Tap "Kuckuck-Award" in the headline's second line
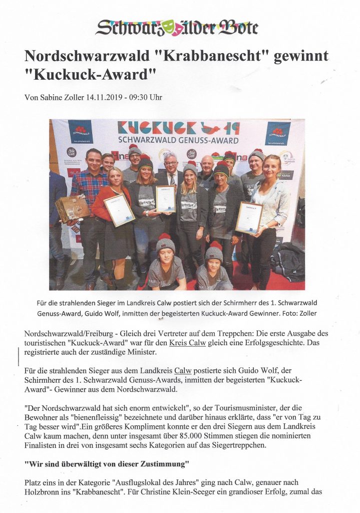(91, 75)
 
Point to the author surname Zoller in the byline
(72, 98)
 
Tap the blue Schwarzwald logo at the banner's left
(80, 132)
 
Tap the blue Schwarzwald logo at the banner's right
(278, 133)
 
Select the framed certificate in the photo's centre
(165, 199)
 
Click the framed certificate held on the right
(248, 217)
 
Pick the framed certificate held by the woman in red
(119, 209)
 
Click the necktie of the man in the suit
(170, 179)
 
